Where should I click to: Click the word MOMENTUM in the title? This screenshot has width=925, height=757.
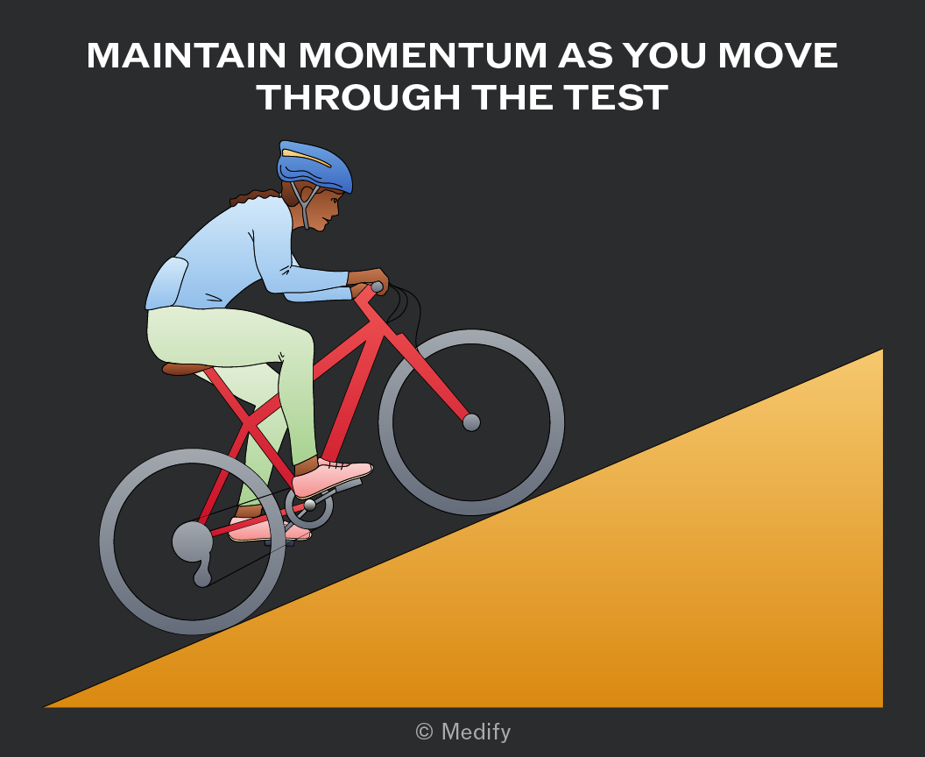tap(423, 55)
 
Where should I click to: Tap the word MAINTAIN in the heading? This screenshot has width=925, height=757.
tap(187, 55)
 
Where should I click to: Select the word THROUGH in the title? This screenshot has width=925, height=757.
tap(358, 97)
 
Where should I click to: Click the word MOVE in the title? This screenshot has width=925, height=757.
tap(778, 55)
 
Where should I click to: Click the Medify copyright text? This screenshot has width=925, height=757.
tap(463, 732)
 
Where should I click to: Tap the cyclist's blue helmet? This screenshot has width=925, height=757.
tap(314, 166)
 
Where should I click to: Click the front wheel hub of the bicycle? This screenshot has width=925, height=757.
tap(471, 422)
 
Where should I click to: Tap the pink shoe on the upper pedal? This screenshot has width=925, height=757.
tap(332, 477)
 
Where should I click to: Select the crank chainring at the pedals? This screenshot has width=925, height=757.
tap(309, 506)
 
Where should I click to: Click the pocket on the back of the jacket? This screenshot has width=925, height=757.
tap(167, 284)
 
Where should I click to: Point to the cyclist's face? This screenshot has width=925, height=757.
tap(326, 208)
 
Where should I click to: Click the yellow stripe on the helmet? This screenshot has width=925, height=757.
tap(307, 158)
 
